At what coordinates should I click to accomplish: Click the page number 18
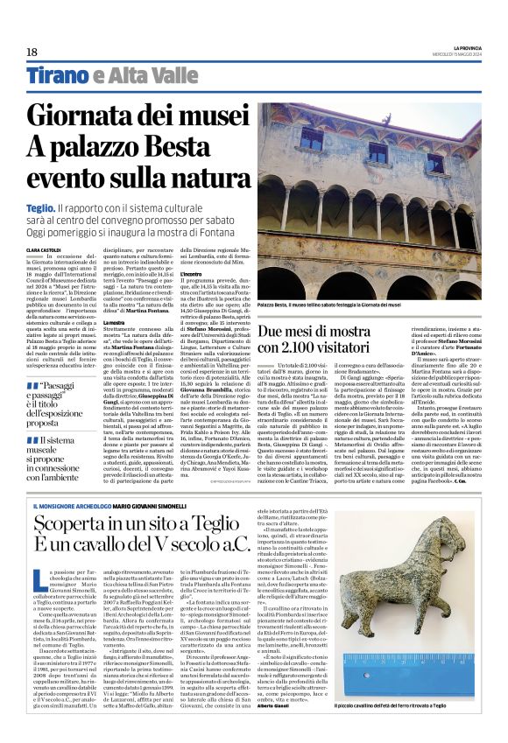(x=32, y=53)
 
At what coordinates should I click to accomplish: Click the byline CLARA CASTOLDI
(x=44, y=249)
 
